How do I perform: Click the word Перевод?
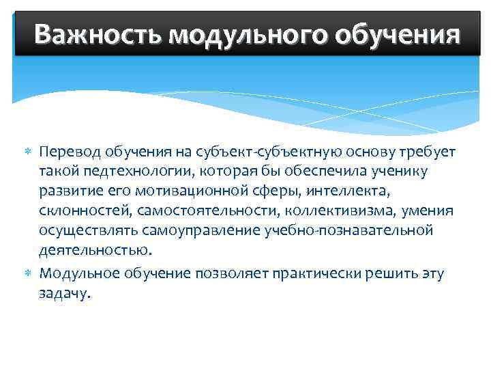coord(67,150)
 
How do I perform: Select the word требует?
coord(424,150)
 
